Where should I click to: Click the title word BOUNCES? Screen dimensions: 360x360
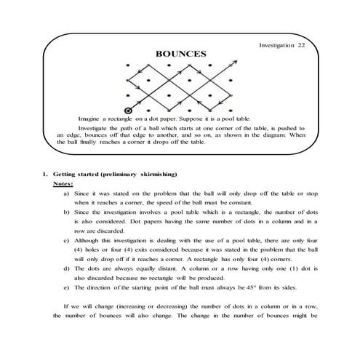(x=180, y=53)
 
